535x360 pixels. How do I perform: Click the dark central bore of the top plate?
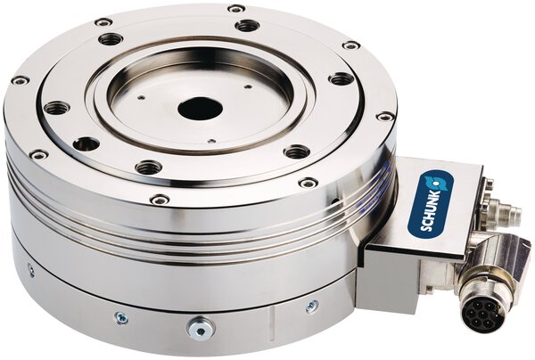click(201, 109)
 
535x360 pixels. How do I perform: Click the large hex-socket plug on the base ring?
click(201, 327)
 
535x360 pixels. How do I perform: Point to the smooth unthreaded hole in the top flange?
click(86, 143)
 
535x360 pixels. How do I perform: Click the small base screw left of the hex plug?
click(122, 318)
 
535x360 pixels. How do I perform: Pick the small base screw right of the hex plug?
click(312, 306)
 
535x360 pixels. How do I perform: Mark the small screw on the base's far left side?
click(31, 269)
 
